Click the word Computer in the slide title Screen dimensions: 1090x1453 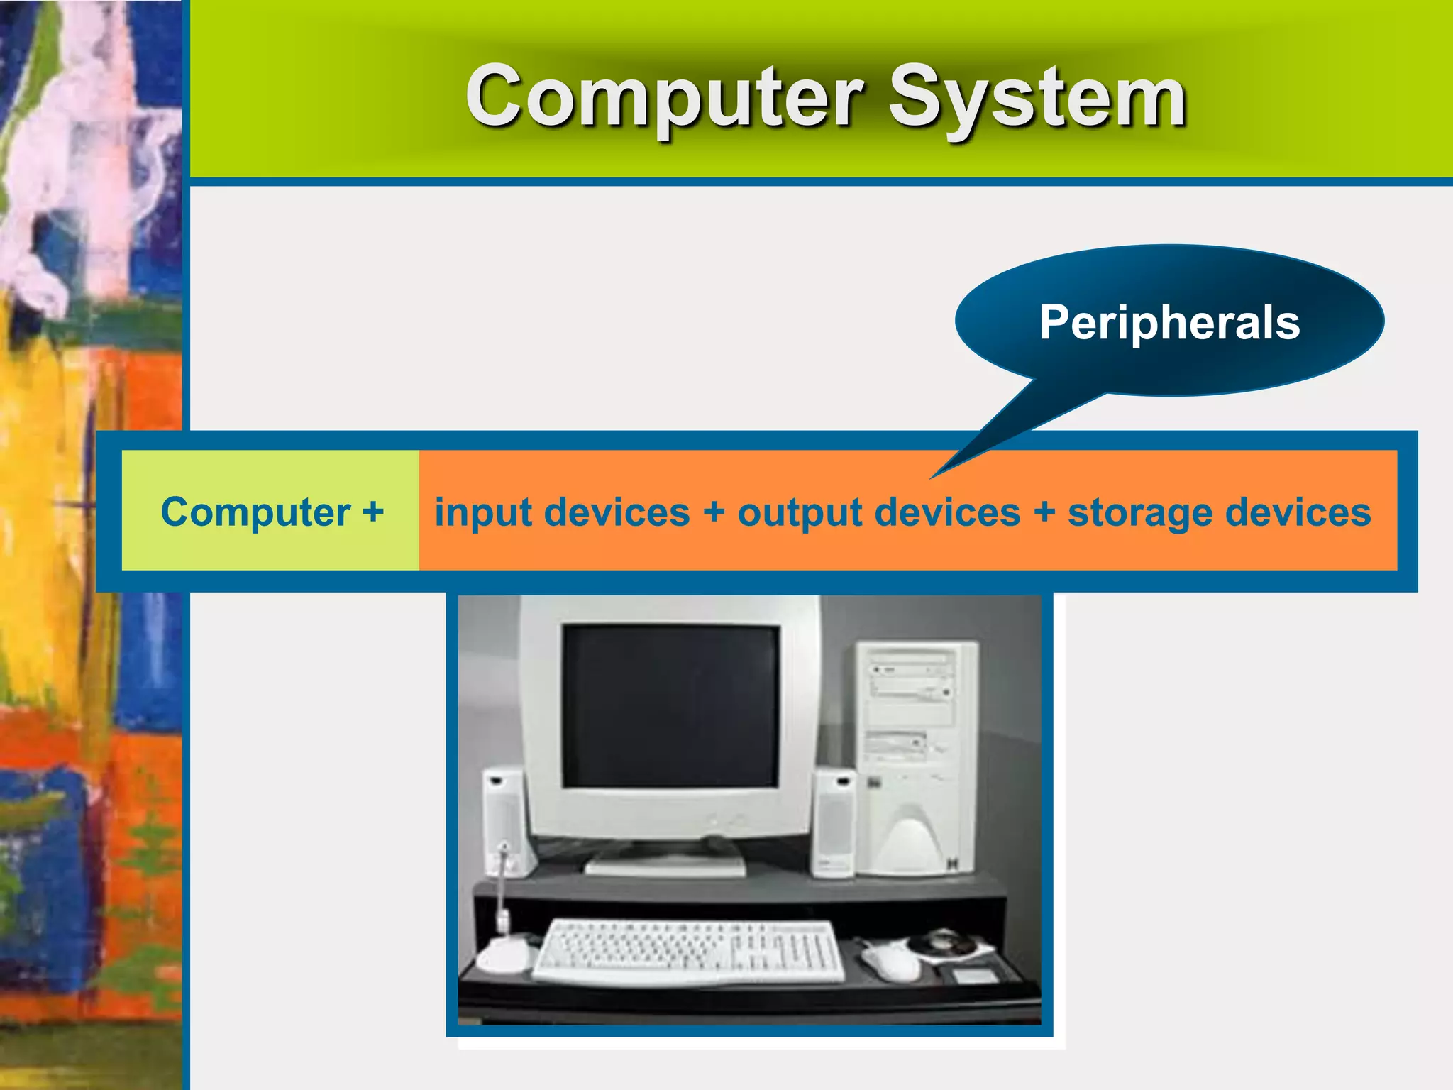tap(663, 97)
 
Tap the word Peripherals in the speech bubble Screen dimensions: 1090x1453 tap(1169, 323)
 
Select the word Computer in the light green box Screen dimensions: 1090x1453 tap(255, 512)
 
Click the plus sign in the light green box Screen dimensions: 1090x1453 tap(373, 512)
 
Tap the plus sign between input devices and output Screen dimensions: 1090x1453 tap(714, 512)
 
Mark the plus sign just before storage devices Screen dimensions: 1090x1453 tap(1044, 512)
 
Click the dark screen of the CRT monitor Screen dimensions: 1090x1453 tap(671, 706)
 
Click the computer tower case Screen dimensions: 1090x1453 tap(917, 756)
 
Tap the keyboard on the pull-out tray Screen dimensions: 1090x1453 tap(688, 951)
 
